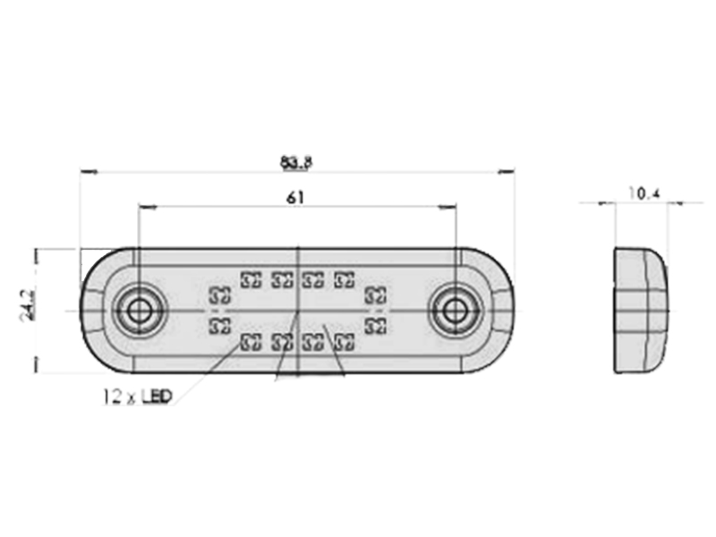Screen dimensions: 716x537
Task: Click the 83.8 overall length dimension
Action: [296, 163]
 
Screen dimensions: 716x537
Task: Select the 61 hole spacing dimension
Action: [295, 198]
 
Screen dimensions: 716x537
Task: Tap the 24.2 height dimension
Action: [28, 304]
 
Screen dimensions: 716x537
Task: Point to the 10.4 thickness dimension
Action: [644, 193]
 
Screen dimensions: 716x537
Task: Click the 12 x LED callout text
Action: [137, 396]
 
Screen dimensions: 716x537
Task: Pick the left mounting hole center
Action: [138, 311]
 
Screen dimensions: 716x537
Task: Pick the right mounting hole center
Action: [454, 311]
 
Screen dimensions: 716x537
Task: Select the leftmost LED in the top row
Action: [251, 279]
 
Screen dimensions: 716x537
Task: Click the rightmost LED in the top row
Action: [345, 279]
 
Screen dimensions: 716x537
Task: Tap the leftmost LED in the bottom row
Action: [251, 342]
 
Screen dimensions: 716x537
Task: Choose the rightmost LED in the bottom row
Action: [345, 342]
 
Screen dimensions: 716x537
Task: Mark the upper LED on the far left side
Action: [219, 295]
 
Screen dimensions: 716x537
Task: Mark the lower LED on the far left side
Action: [219, 326]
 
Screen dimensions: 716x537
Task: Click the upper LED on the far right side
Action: [376, 295]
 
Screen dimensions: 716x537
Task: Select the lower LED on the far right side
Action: [376, 326]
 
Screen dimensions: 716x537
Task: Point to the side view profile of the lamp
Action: [640, 311]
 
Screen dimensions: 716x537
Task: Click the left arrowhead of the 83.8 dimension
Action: [88, 172]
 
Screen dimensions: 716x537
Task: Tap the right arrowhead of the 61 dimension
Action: [447, 208]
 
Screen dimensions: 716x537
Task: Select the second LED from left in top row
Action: [282, 279]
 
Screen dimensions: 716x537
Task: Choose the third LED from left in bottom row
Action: [314, 342]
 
